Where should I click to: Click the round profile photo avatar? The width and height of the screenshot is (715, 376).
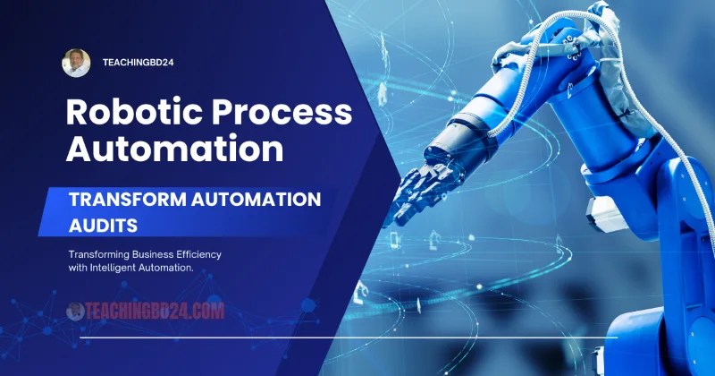(x=76, y=63)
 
